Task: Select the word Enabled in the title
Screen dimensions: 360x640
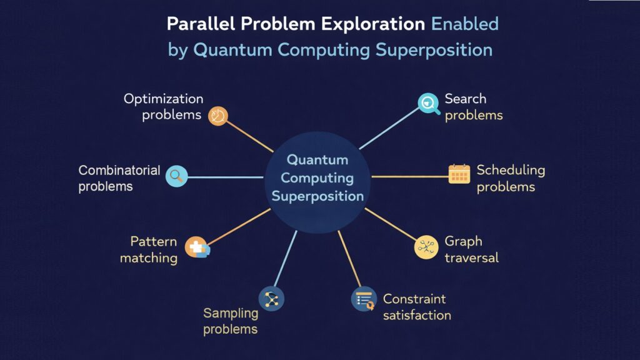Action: click(x=465, y=24)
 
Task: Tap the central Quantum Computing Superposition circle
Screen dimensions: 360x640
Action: click(x=317, y=178)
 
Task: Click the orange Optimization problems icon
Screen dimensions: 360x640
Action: click(x=217, y=116)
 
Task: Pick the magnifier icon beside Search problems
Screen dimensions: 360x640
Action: click(x=428, y=103)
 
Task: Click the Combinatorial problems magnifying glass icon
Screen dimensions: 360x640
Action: click(x=176, y=177)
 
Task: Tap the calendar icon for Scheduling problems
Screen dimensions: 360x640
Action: click(x=459, y=174)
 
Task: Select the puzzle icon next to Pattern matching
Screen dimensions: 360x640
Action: click(x=198, y=247)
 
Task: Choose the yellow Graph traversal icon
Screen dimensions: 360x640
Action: click(x=426, y=247)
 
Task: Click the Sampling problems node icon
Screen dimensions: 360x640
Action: click(x=272, y=299)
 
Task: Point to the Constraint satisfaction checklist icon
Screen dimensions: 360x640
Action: click(x=363, y=299)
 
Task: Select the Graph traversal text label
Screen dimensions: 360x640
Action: click(x=471, y=249)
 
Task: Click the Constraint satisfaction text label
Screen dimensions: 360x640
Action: click(x=416, y=307)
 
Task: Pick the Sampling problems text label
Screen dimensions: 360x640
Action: click(x=231, y=321)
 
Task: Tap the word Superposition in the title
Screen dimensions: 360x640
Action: click(x=434, y=50)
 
